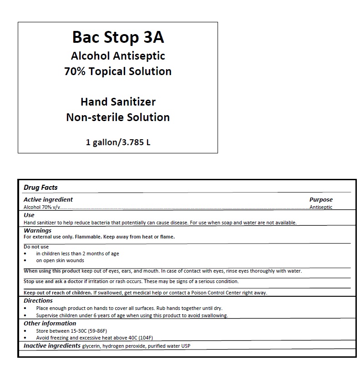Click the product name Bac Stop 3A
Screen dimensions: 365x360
click(118, 37)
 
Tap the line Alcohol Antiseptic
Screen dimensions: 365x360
click(118, 56)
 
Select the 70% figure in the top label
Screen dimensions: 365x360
click(74, 71)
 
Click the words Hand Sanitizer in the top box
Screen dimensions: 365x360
click(118, 101)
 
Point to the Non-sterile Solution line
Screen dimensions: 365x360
click(118, 117)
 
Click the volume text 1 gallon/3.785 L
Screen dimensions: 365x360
click(118, 142)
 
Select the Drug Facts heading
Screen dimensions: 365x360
click(41, 188)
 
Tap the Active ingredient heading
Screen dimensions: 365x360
click(48, 199)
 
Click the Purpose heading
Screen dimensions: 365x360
click(321, 199)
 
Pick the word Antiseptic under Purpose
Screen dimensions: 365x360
click(321, 207)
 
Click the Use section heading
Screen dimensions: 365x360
click(29, 215)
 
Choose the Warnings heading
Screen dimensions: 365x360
click(37, 231)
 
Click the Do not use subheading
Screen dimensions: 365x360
click(36, 247)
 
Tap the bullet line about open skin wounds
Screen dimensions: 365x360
click(60, 261)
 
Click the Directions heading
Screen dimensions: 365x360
click(38, 300)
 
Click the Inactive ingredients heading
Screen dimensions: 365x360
click(52, 346)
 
